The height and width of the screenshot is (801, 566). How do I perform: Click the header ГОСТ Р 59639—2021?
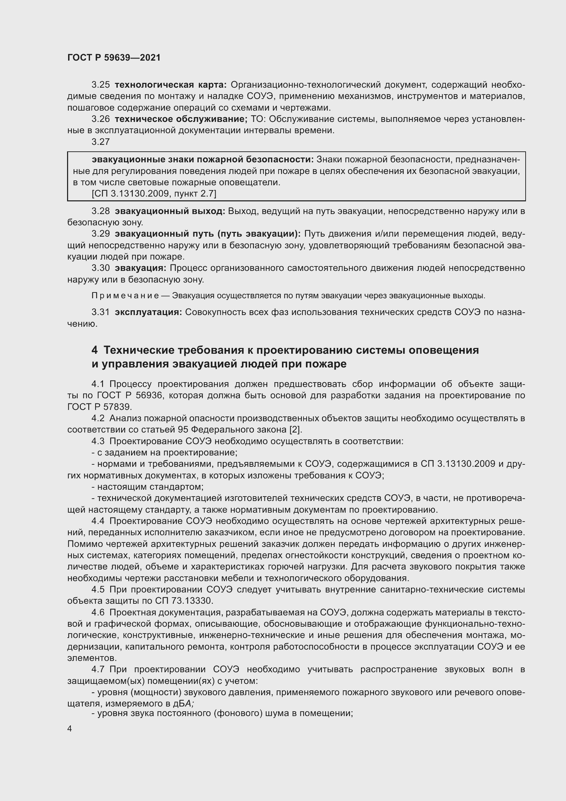(x=114, y=58)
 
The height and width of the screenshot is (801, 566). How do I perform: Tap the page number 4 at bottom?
(x=70, y=729)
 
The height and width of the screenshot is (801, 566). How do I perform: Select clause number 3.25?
(x=100, y=85)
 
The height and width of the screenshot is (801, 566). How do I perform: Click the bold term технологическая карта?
(x=170, y=85)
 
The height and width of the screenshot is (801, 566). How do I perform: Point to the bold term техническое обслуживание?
(x=181, y=119)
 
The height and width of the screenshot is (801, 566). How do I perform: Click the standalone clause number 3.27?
(x=100, y=142)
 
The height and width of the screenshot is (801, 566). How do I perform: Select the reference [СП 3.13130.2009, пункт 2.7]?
(x=154, y=193)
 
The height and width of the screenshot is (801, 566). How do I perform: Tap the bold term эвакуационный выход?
(x=170, y=211)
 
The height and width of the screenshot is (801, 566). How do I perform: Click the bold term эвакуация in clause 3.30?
(x=140, y=268)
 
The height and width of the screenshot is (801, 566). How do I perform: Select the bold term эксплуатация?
(x=148, y=312)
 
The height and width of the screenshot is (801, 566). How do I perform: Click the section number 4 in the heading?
(x=94, y=350)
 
